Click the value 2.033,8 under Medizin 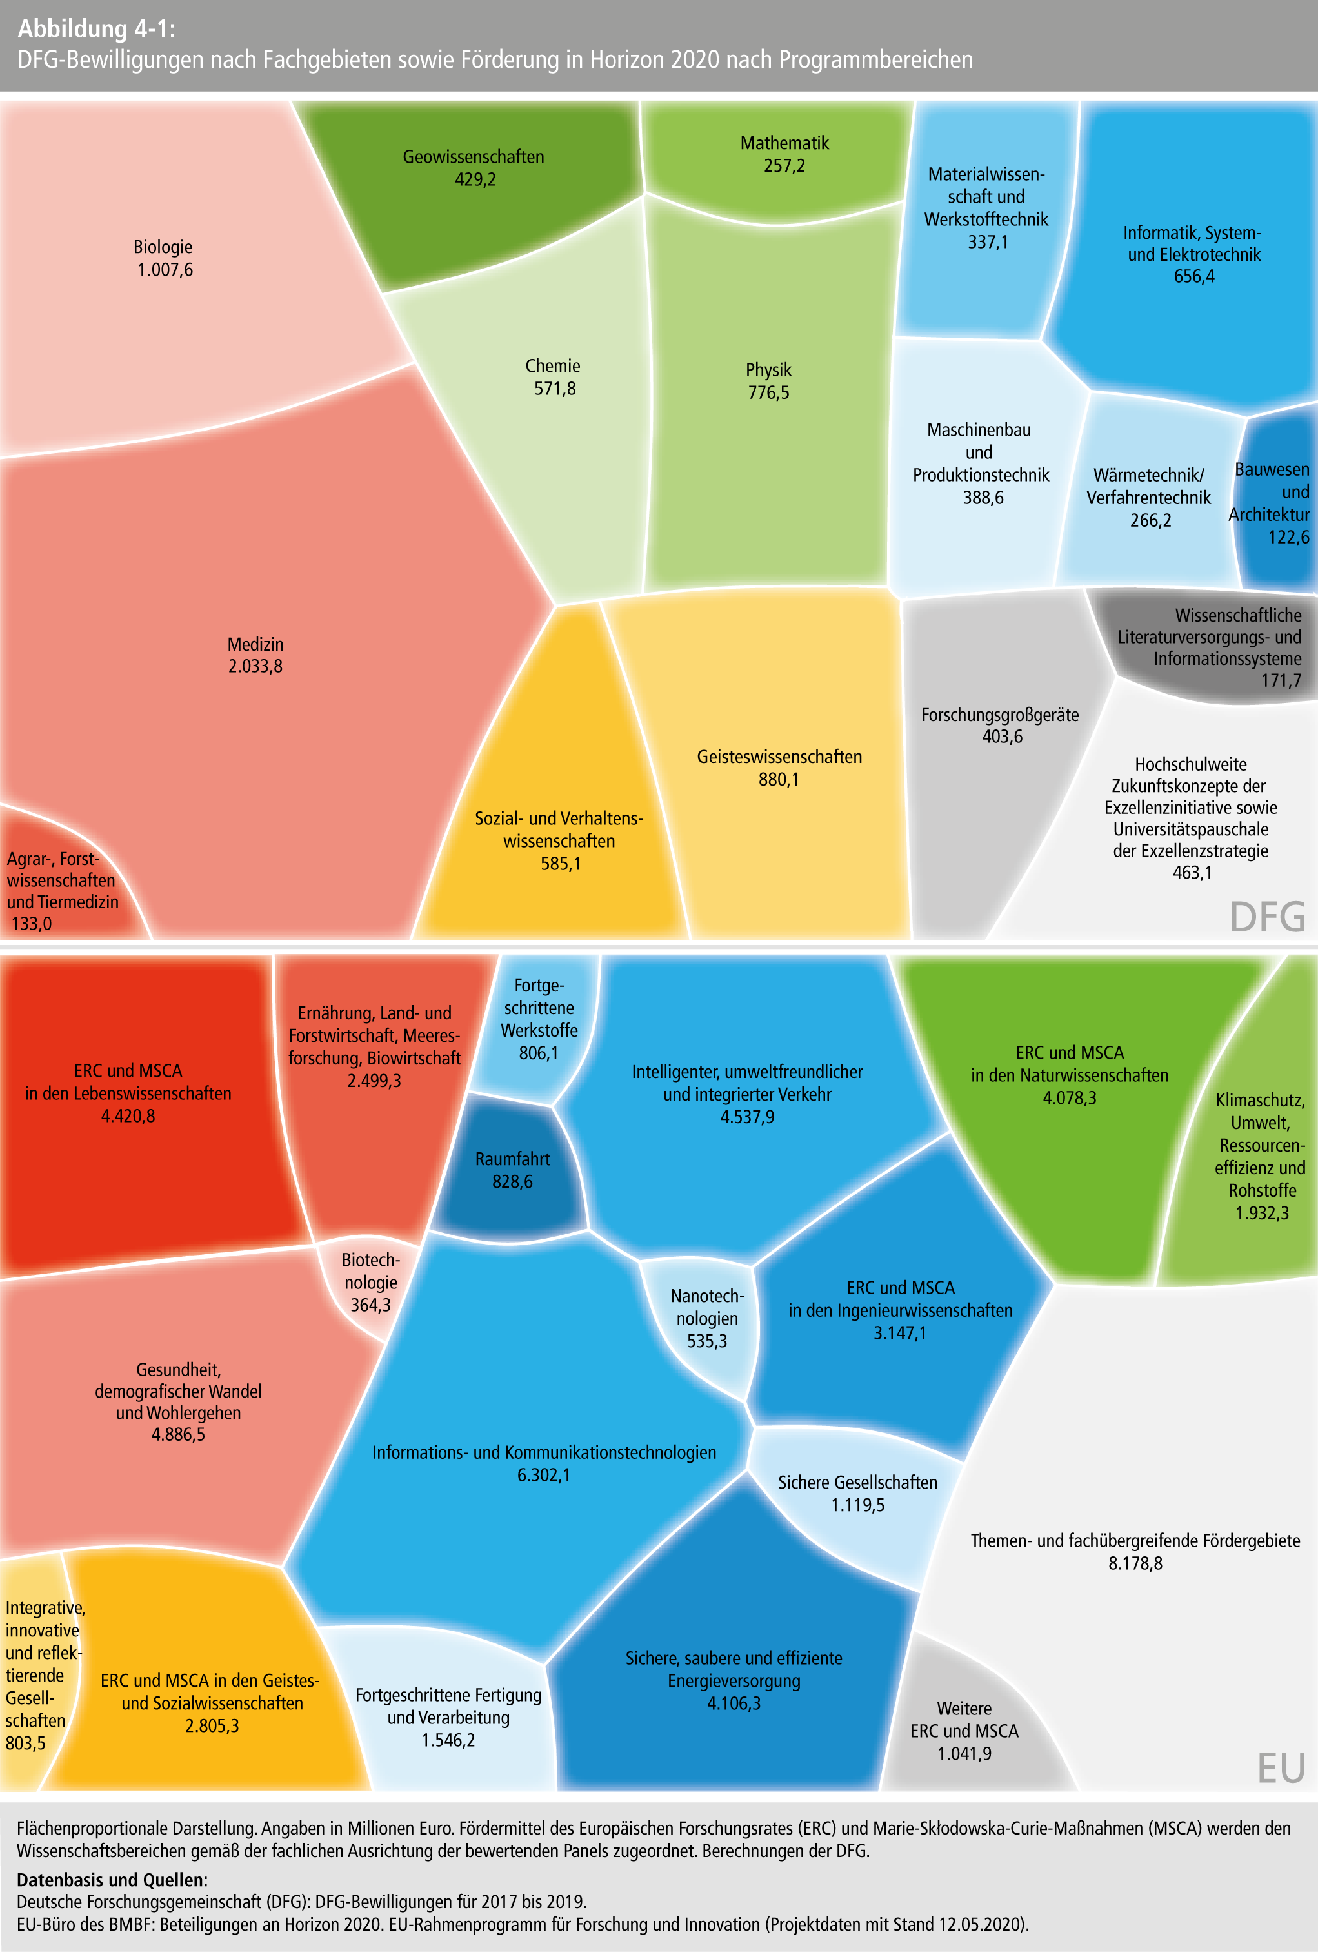click(255, 667)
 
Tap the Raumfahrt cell click(512, 1170)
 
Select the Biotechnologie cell click(370, 1283)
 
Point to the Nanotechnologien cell click(707, 1318)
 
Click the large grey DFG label click(1267, 917)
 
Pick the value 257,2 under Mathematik click(784, 167)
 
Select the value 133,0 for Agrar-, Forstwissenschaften click(31, 924)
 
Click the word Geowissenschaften click(474, 157)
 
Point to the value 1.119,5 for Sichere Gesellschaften click(857, 1505)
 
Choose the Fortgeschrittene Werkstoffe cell click(539, 1019)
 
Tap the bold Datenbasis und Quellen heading click(112, 1880)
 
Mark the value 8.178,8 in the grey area click(1135, 1563)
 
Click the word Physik click(768, 371)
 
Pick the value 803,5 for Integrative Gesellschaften click(25, 1743)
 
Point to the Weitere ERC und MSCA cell click(964, 1731)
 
